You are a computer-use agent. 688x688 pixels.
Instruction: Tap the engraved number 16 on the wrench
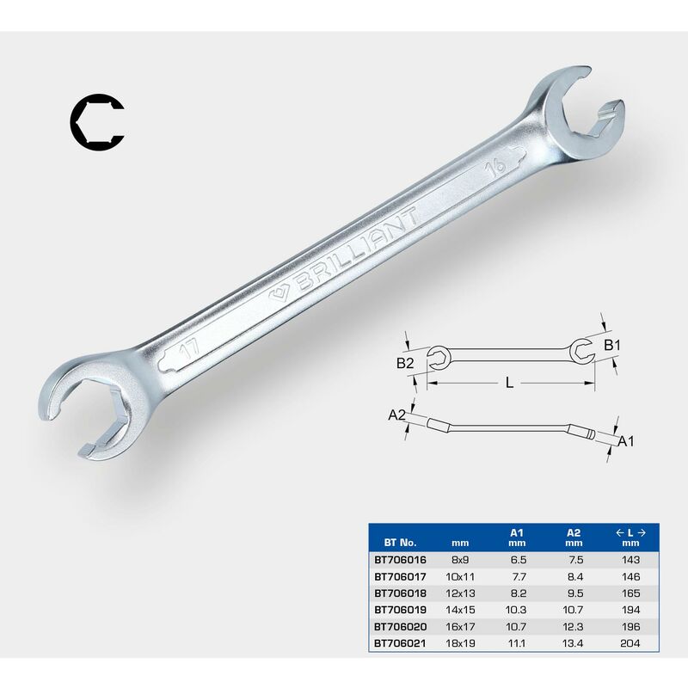tap(495, 168)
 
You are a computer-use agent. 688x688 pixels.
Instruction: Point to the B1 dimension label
tap(612, 346)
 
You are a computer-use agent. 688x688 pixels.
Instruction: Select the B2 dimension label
tap(405, 363)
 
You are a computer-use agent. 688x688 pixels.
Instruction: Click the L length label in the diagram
tap(509, 383)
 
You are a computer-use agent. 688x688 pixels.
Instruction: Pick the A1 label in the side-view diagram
tap(626, 441)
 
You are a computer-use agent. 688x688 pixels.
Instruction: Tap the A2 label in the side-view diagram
tap(396, 415)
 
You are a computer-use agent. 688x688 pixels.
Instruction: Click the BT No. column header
tap(400, 543)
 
